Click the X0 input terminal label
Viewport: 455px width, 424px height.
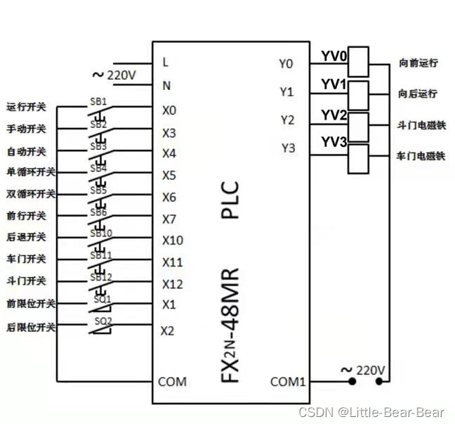(x=169, y=110)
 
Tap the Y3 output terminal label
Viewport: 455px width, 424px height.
(x=288, y=148)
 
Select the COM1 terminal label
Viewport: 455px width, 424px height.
(x=289, y=382)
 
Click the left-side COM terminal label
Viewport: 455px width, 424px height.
(x=172, y=382)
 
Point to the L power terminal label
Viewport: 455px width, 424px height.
(x=166, y=62)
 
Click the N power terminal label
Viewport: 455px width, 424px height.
(x=166, y=86)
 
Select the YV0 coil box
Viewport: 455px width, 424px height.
(x=359, y=61)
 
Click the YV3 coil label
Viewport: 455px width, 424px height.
(x=334, y=142)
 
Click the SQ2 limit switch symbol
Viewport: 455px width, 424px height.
(x=103, y=324)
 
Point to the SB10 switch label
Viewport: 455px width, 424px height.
(x=101, y=233)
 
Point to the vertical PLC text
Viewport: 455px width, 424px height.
(x=231, y=200)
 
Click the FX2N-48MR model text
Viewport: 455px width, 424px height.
(x=231, y=323)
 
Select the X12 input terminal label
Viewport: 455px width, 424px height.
(x=173, y=284)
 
